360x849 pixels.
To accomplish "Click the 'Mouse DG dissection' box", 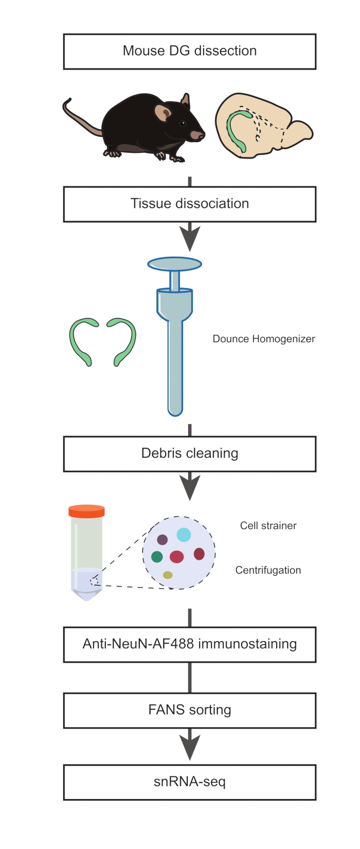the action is (189, 51).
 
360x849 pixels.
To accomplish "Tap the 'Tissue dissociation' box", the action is (189, 204).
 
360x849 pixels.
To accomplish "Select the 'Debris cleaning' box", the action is (189, 454).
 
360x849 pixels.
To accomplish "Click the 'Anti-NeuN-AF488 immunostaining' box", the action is (189, 645).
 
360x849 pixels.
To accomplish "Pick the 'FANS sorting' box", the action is (189, 711).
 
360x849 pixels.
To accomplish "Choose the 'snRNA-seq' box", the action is (189, 782).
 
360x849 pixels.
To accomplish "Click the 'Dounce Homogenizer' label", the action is (264, 339).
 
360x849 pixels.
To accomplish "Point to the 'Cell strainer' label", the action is (268, 526).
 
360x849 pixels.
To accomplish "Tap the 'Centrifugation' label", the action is (268, 571).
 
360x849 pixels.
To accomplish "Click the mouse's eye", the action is (183, 123).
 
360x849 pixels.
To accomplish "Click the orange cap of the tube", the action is (86, 511).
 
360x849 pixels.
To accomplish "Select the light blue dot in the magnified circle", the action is (184, 535).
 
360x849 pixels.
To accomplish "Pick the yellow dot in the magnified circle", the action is (168, 575).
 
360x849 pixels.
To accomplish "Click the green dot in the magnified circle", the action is (157, 557).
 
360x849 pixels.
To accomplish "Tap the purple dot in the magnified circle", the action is (162, 540).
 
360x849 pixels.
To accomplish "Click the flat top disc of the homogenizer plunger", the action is (175, 264).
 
